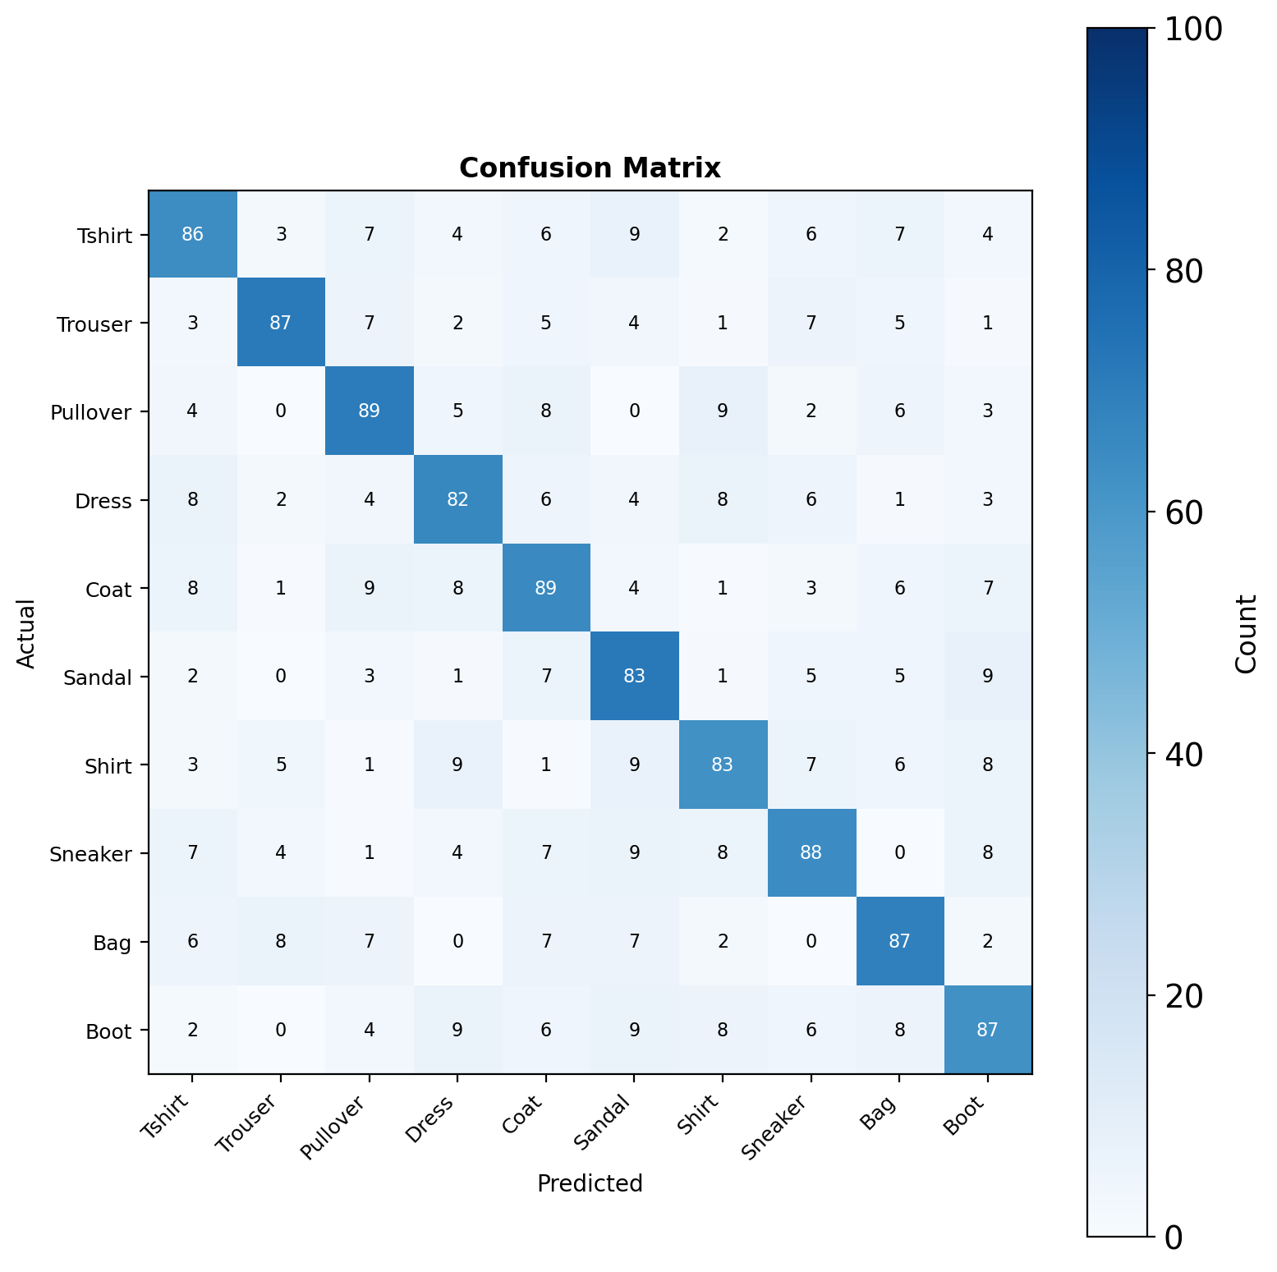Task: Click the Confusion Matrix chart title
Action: pyautogui.click(x=590, y=168)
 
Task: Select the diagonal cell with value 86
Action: pyautogui.click(x=192, y=235)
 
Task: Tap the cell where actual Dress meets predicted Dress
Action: pyautogui.click(x=457, y=500)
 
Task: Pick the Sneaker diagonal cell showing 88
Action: pyautogui.click(x=811, y=853)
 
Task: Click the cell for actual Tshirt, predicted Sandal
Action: pyautogui.click(x=634, y=235)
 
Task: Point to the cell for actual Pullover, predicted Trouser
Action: pyautogui.click(x=281, y=411)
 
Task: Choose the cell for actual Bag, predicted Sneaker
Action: pyautogui.click(x=811, y=942)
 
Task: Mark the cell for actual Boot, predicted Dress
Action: pyautogui.click(x=457, y=1030)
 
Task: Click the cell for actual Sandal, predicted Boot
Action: pyautogui.click(x=988, y=677)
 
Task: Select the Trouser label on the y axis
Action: pyautogui.click(x=94, y=324)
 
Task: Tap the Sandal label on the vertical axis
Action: pyautogui.click(x=98, y=678)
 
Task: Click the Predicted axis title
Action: pyautogui.click(x=590, y=1183)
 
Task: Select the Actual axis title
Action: pyautogui.click(x=27, y=633)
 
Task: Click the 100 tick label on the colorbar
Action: pyautogui.click(x=1192, y=30)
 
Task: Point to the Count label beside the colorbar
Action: pyautogui.click(x=1246, y=633)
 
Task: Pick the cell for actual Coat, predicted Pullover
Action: pyautogui.click(x=369, y=588)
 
